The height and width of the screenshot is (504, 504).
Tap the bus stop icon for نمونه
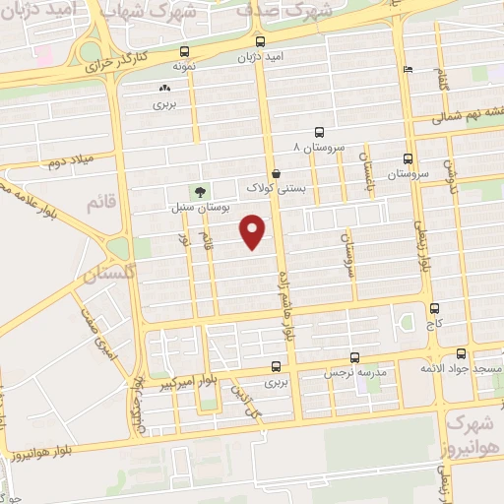point(184,52)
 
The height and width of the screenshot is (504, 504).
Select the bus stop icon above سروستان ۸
point(319,132)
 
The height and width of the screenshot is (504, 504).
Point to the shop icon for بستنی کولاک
point(277,172)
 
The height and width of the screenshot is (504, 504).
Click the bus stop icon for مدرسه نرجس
point(355,359)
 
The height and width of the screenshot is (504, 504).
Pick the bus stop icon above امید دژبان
point(260,41)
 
